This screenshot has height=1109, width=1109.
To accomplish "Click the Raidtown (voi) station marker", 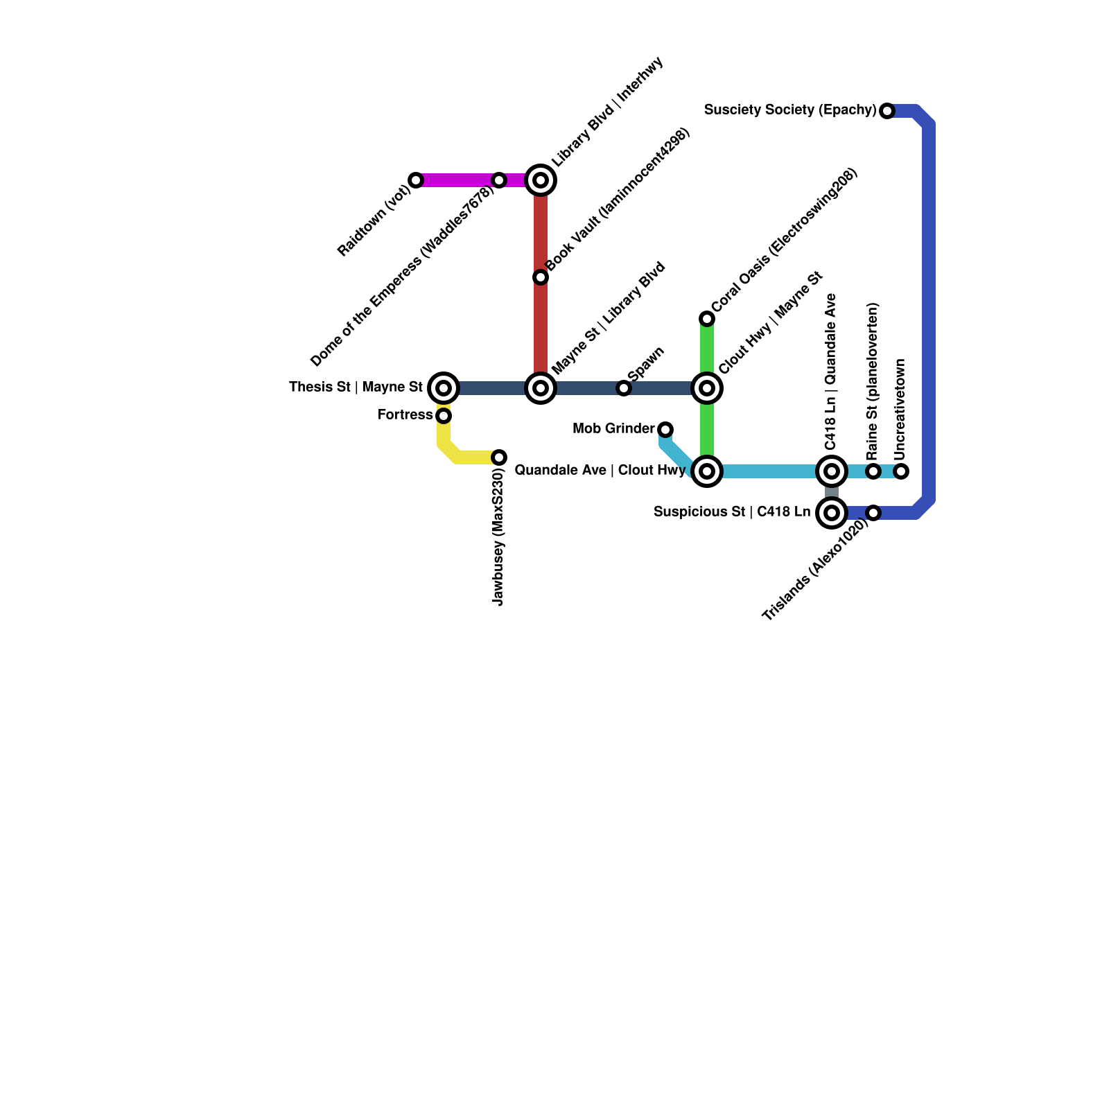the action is pos(416,180).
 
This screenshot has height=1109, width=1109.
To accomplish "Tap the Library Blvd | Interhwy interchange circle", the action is pos(541,180).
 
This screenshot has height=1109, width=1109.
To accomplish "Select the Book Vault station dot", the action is pos(541,277).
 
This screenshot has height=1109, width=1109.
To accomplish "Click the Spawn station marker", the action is pos(624,388).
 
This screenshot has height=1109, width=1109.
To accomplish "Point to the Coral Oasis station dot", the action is pos(707,319).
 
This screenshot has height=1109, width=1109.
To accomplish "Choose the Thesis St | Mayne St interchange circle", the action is pos(444,388).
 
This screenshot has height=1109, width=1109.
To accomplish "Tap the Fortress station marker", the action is pos(444,416).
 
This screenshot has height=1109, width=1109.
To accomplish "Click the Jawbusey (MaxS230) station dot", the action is pos(499,457).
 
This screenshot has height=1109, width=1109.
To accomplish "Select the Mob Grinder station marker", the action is pos(665,430).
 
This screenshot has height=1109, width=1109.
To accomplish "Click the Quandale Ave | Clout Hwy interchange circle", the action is pos(707,471).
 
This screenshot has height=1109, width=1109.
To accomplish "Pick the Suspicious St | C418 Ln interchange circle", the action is pos(832,513).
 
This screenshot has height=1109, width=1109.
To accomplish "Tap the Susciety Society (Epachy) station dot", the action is pos(887,111).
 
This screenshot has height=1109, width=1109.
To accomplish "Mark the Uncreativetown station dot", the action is pos(901,471).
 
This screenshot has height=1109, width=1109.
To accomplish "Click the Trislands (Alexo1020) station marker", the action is pos(873,513).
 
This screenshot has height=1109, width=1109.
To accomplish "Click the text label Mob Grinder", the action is pos(613,429).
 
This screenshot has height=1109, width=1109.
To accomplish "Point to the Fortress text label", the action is pos(405,415).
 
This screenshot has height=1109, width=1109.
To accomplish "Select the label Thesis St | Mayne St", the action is pos(356,387).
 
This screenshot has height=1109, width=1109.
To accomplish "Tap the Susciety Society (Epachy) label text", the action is pos(790,110).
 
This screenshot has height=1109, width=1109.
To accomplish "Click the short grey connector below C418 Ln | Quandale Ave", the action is pos(832,492).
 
